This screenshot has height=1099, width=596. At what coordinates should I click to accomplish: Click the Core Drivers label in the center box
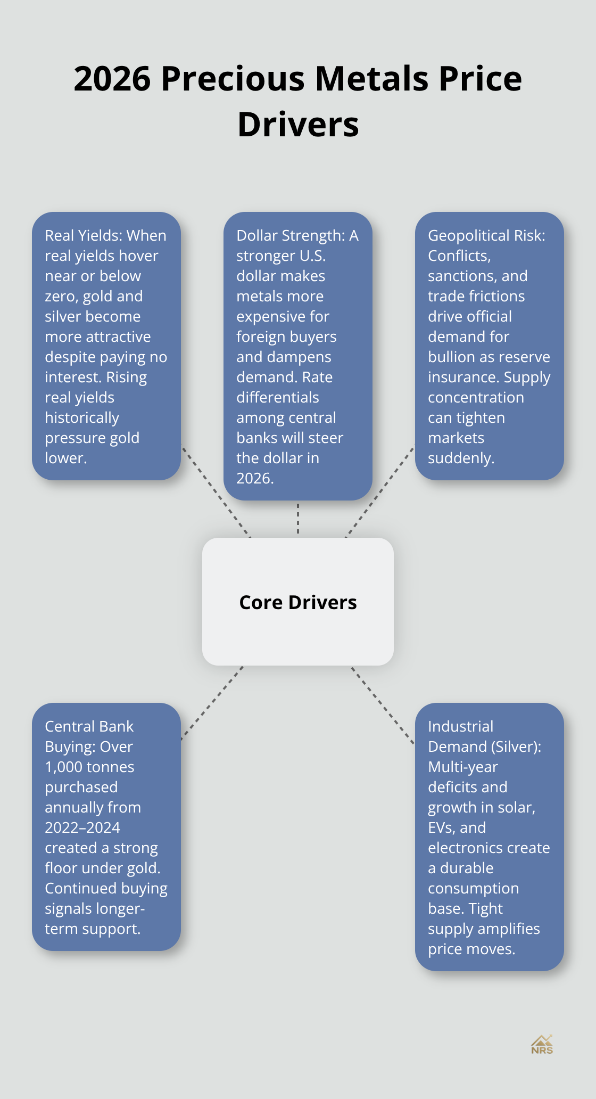click(298, 602)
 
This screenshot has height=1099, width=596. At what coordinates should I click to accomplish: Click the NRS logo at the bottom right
click(542, 1045)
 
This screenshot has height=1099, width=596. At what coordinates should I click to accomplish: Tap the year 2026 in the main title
click(112, 79)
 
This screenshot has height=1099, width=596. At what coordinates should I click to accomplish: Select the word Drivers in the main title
click(298, 125)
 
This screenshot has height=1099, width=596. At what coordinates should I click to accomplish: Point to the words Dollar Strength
click(291, 235)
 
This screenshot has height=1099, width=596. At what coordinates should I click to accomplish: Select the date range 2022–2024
click(82, 827)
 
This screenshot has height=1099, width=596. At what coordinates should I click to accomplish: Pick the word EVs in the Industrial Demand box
click(441, 827)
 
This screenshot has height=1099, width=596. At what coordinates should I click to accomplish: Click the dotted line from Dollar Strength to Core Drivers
click(298, 518)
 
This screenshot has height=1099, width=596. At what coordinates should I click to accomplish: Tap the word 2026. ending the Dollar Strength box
click(255, 478)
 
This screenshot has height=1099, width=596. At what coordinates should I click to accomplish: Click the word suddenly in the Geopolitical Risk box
click(461, 458)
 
